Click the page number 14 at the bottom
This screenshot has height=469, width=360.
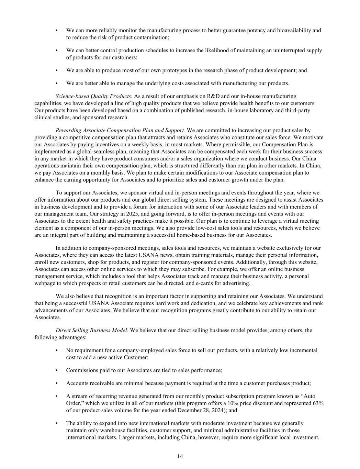180,456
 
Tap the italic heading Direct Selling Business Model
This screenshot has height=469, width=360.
92,331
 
